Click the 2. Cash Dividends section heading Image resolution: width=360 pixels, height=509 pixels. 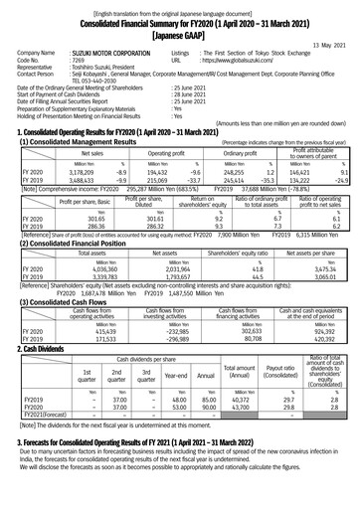39,337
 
